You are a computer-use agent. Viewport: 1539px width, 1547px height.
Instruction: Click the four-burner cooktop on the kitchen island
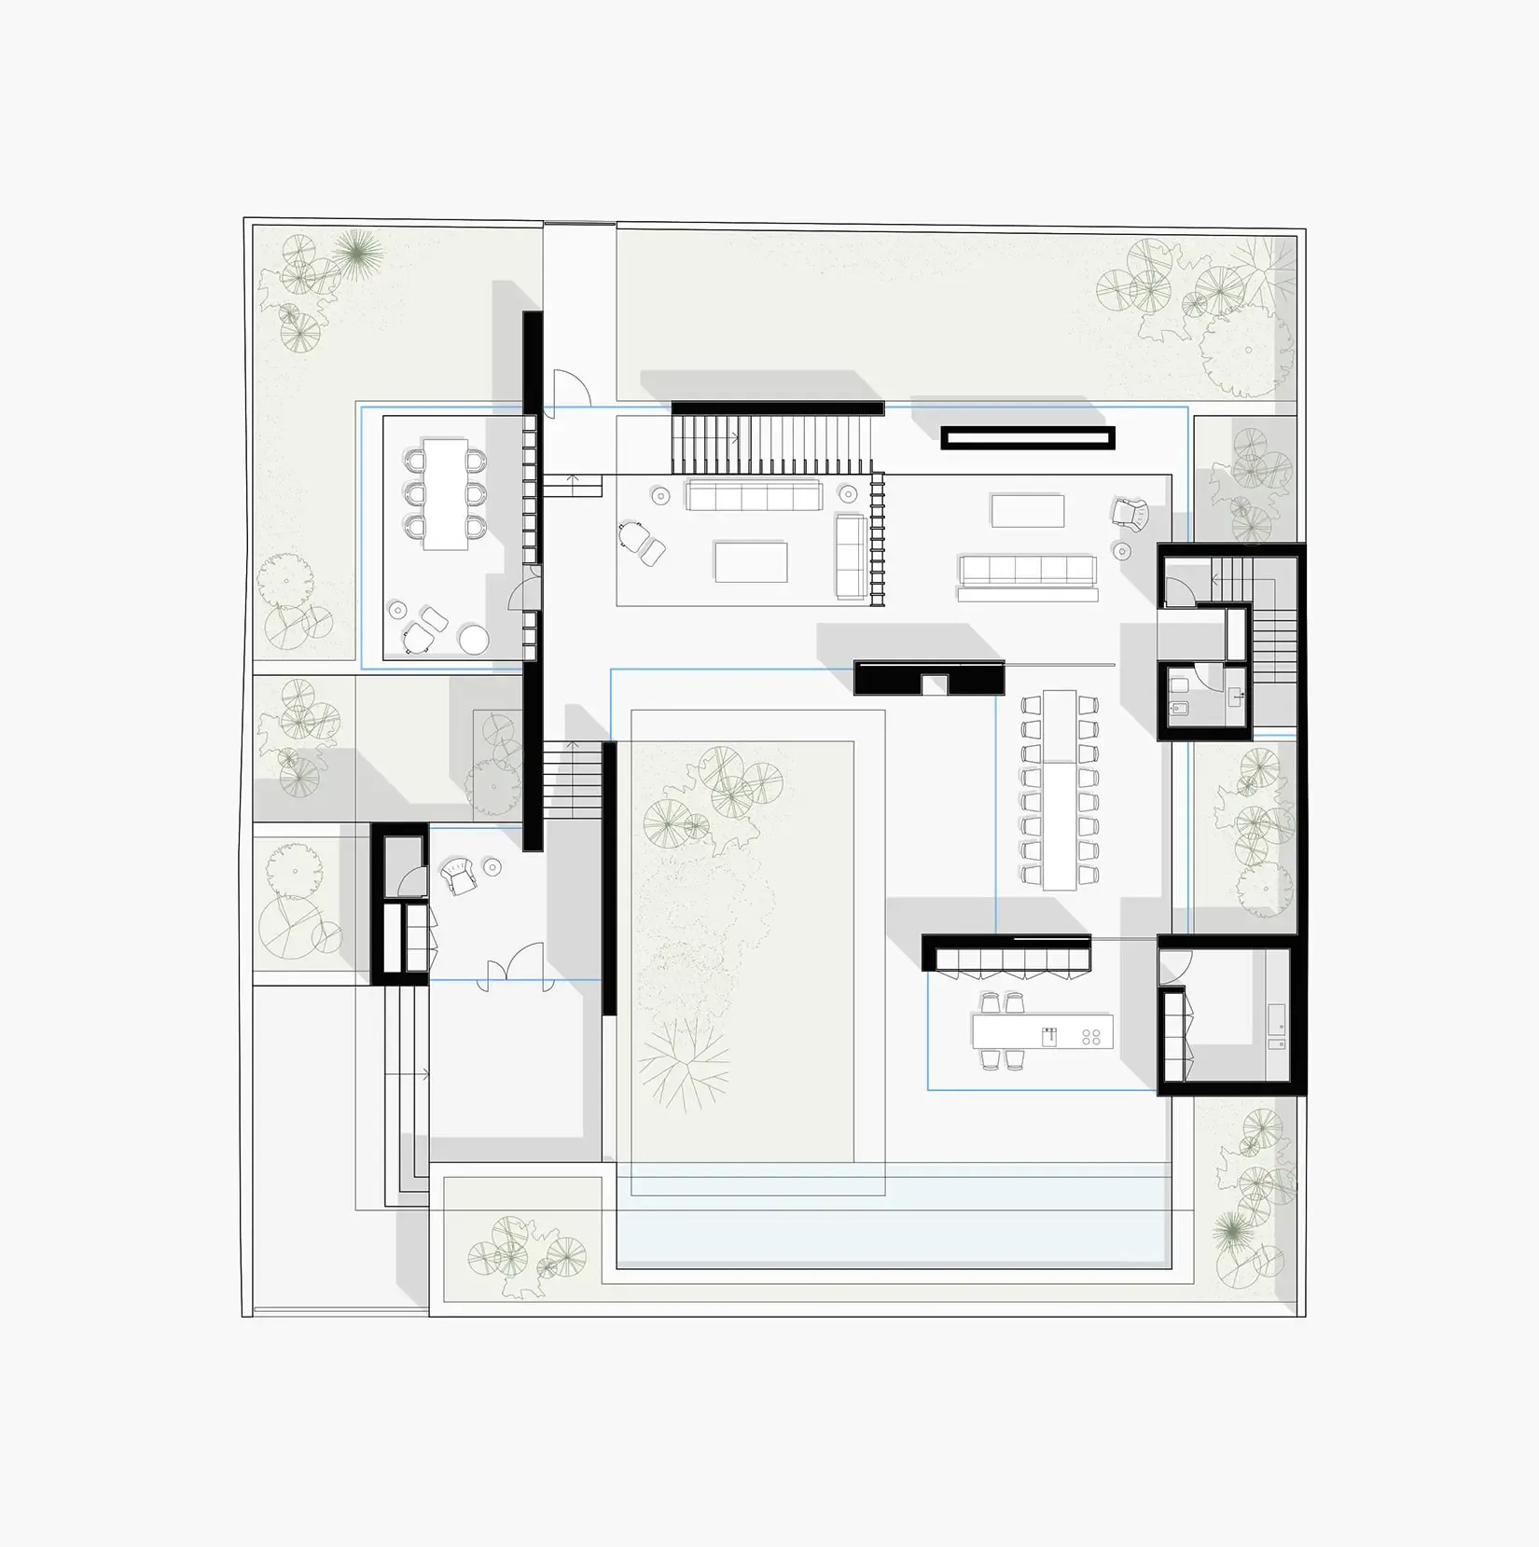pyautogui.click(x=1091, y=1036)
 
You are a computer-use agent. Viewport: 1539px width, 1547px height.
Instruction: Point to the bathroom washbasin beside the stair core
pyautogui.click(x=1238, y=694)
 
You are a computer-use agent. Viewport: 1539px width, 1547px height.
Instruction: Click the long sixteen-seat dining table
pyautogui.click(x=1060, y=789)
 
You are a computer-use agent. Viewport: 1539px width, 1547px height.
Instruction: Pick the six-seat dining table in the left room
pyautogui.click(x=445, y=493)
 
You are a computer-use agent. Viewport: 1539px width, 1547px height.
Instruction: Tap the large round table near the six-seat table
pyautogui.click(x=474, y=640)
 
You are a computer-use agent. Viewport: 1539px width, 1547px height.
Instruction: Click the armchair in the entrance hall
pyautogui.click(x=459, y=877)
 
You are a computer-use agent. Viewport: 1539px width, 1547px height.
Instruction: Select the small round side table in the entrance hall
pyautogui.click(x=492, y=868)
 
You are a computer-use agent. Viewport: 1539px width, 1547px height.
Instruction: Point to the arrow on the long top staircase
pyautogui.click(x=735, y=435)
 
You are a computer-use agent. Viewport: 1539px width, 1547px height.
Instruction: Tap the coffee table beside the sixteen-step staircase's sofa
pyautogui.click(x=751, y=561)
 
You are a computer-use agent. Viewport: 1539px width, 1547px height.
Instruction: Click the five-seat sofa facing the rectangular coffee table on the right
pyautogui.click(x=1027, y=570)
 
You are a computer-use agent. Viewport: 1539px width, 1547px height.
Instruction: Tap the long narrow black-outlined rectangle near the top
pyautogui.click(x=1027, y=438)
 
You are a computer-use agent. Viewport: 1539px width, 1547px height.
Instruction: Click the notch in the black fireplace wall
pyautogui.click(x=935, y=685)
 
